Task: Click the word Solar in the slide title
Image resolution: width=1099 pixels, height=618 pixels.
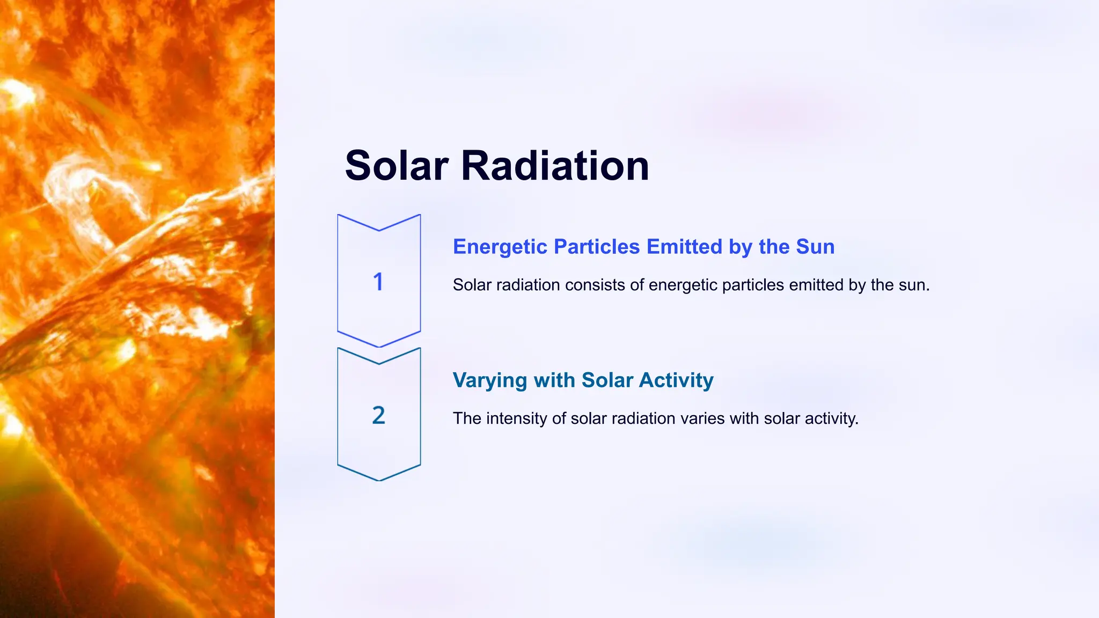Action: (x=396, y=166)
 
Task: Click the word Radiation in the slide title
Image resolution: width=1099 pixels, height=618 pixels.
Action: (x=555, y=166)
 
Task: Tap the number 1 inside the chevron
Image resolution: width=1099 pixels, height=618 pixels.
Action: (x=378, y=282)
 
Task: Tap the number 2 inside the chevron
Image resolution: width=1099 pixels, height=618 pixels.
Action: (x=378, y=415)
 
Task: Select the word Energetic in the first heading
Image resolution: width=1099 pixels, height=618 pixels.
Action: (x=500, y=247)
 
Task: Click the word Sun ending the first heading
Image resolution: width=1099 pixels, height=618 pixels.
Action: (x=815, y=247)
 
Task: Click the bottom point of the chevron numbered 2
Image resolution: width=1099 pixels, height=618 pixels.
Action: (x=379, y=480)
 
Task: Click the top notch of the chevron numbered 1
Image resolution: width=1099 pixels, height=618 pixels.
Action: (x=379, y=230)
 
